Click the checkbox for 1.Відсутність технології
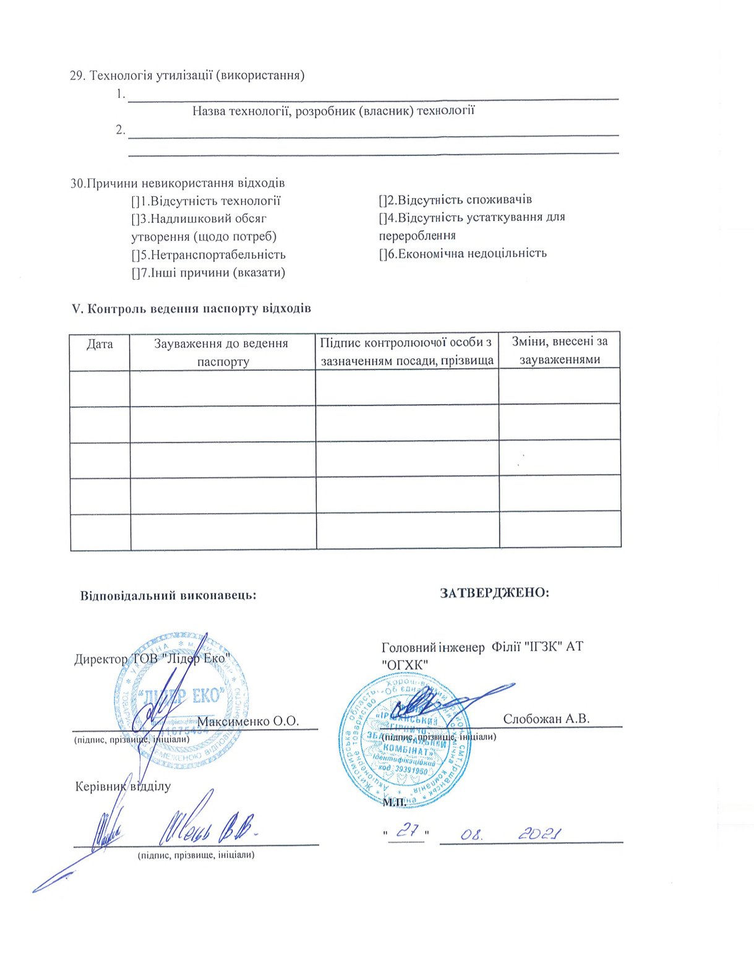click(135, 201)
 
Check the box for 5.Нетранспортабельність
click(135, 255)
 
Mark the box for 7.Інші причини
click(135, 273)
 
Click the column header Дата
click(100, 344)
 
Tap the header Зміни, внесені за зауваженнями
click(559, 350)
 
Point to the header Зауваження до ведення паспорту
click(221, 352)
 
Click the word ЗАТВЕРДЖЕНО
click(494, 593)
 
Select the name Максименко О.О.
click(248, 722)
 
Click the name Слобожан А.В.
click(546, 718)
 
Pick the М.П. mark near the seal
click(394, 803)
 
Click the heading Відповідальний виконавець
click(168, 595)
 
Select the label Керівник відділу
click(122, 787)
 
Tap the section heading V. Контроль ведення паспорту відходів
click(191, 308)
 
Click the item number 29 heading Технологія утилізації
click(187, 75)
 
